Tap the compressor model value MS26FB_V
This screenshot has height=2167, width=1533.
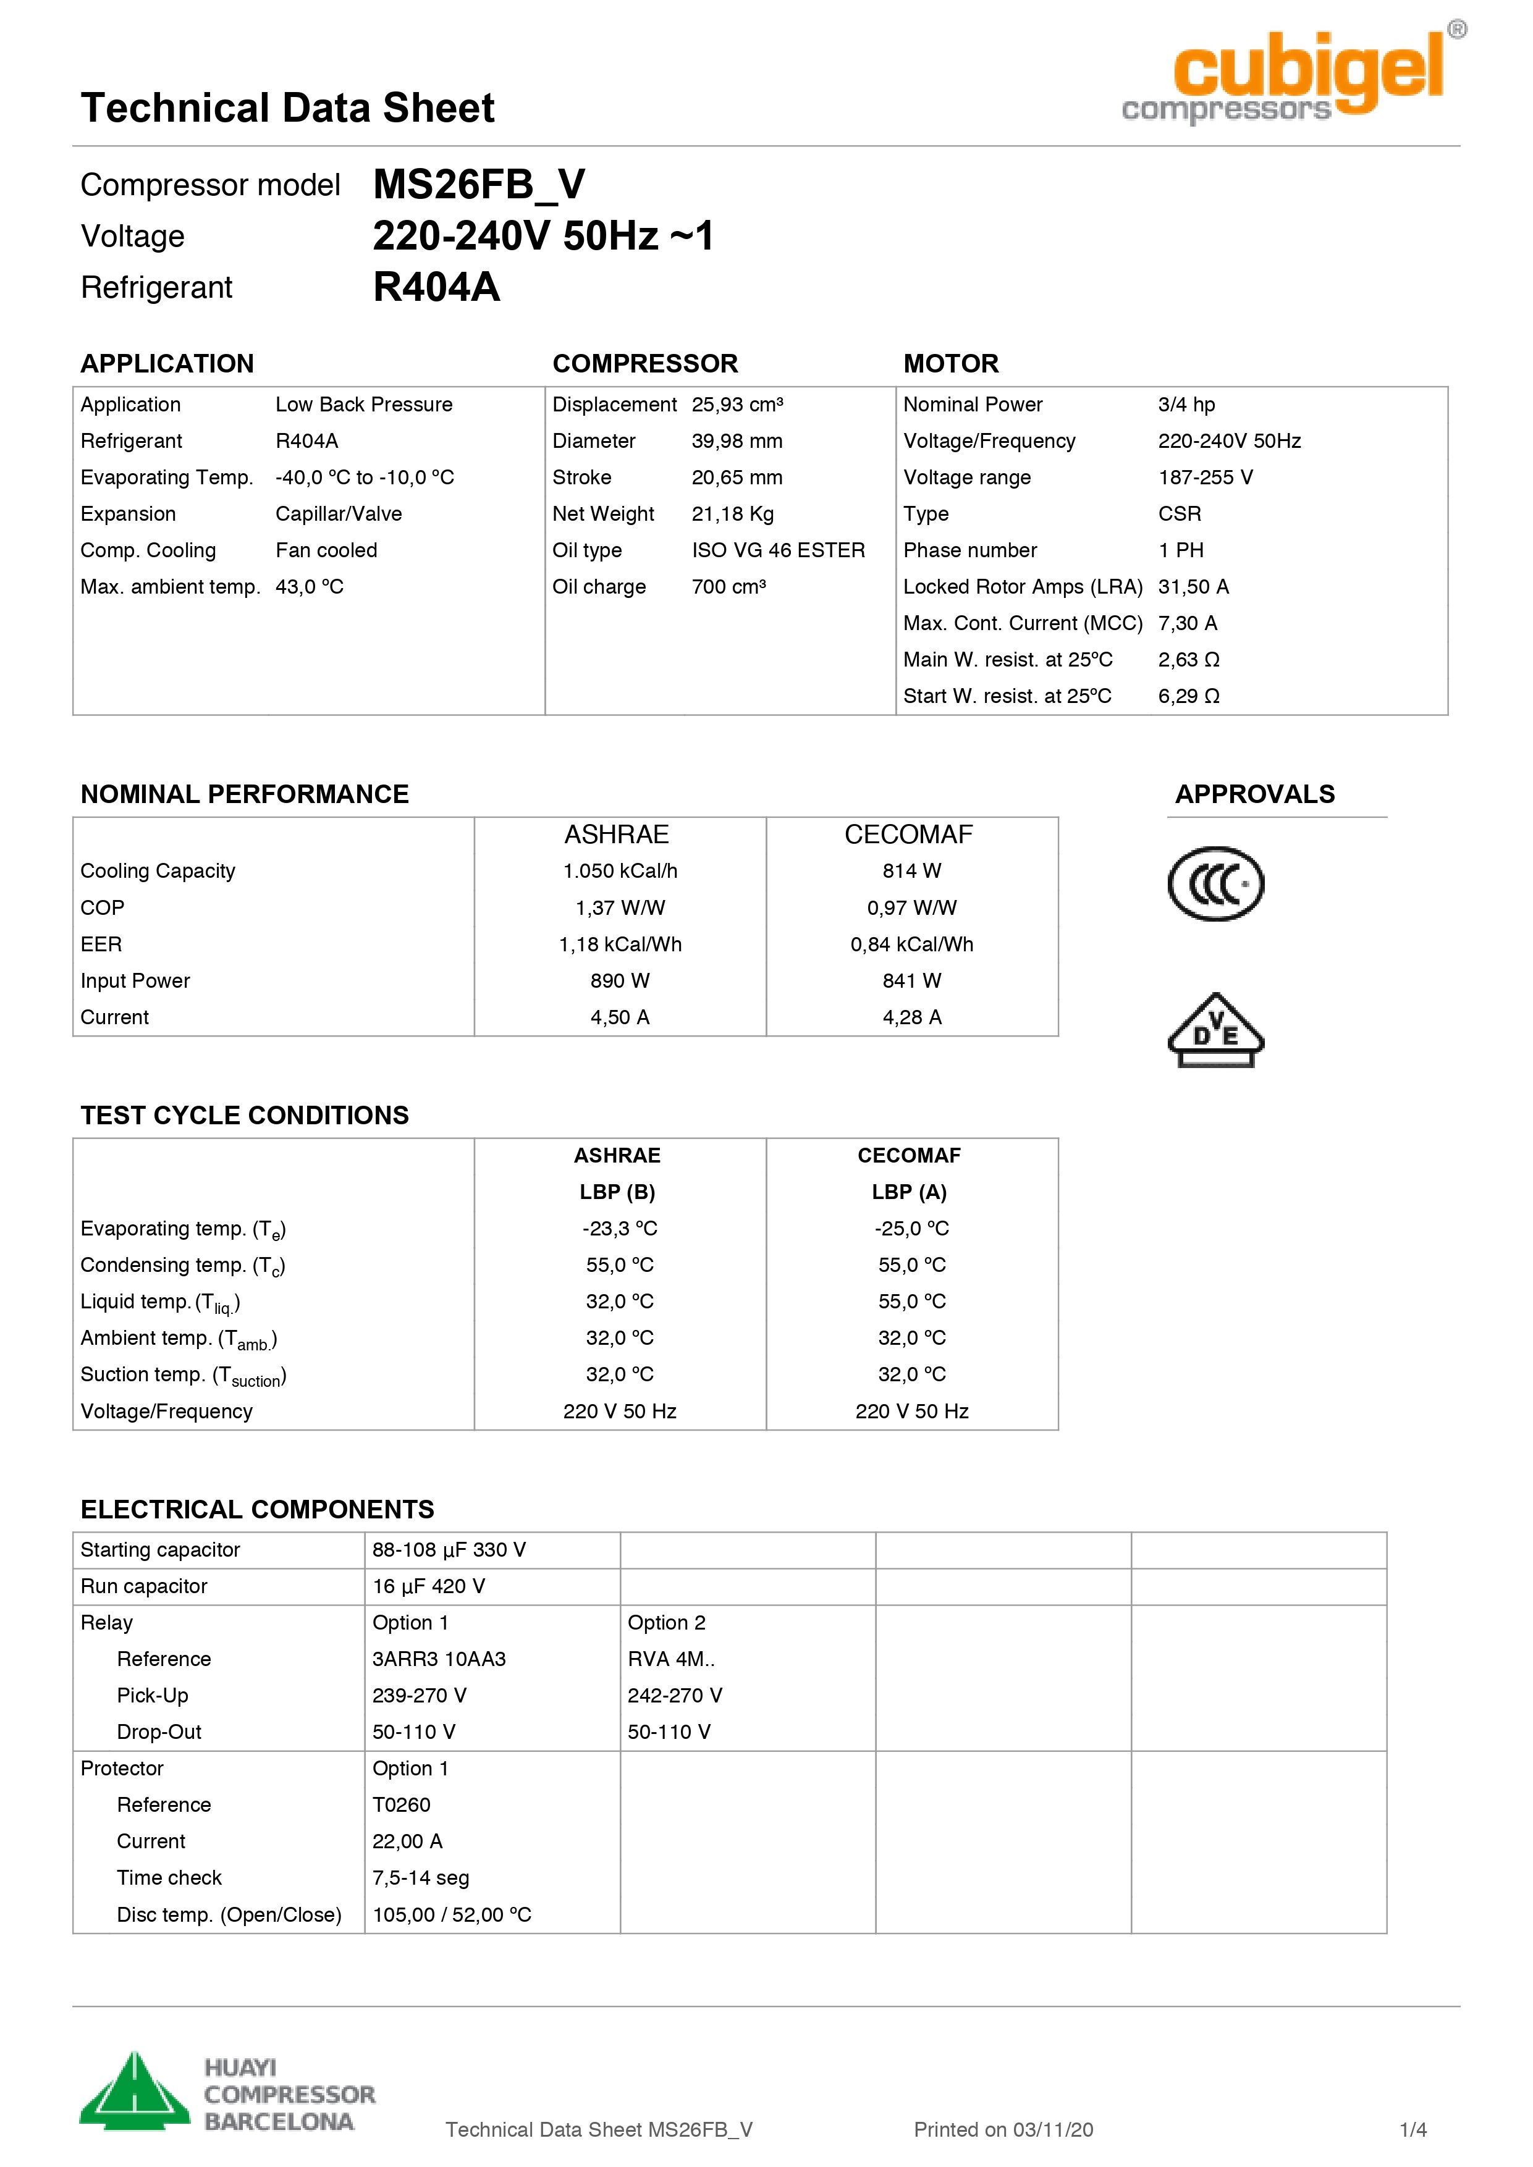(x=479, y=185)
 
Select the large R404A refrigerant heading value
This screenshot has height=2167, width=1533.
(x=436, y=287)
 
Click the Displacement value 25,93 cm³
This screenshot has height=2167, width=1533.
(x=737, y=405)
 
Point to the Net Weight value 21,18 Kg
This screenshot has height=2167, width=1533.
(x=733, y=515)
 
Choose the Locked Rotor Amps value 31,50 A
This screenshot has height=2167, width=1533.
(x=1193, y=587)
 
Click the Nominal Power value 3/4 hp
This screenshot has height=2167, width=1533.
(x=1186, y=405)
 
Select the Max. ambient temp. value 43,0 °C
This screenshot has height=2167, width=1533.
(x=310, y=587)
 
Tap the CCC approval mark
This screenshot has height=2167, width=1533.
(x=1216, y=885)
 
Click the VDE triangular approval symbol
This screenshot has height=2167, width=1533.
(x=1216, y=1030)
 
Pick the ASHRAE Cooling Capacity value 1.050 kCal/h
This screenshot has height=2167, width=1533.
(x=620, y=871)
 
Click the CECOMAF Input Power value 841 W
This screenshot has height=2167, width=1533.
(x=912, y=980)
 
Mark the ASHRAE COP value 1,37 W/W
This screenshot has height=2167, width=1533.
(x=620, y=908)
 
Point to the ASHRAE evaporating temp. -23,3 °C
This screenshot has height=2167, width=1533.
(x=620, y=1229)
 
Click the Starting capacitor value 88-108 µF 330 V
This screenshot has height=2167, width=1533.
(x=449, y=1550)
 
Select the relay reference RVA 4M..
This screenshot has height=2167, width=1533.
(x=671, y=1659)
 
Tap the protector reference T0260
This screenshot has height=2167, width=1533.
(x=401, y=1804)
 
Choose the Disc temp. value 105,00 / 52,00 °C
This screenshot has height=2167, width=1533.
(x=452, y=1914)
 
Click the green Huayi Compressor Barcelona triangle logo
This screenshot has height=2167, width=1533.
(x=135, y=2093)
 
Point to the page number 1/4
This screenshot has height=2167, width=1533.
(x=1413, y=2129)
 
